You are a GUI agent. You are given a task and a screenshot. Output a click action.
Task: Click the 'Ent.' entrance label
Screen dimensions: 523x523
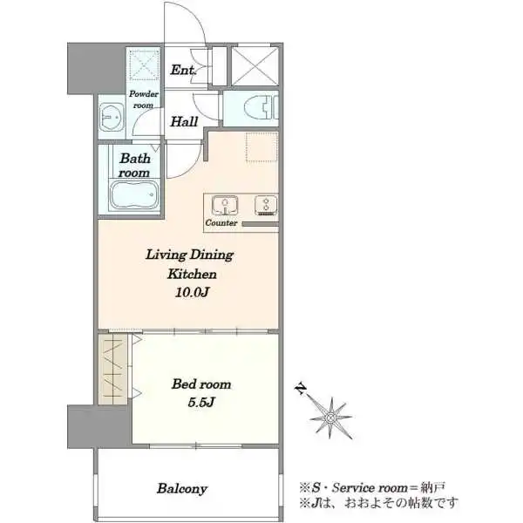pyautogui.click(x=183, y=70)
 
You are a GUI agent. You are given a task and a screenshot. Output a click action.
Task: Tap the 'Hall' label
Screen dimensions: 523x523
pyautogui.click(x=184, y=121)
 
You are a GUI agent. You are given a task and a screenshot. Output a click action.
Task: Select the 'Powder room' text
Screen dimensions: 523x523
pyautogui.click(x=144, y=99)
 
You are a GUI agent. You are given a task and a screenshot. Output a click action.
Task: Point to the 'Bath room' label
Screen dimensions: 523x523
pyautogui.click(x=134, y=165)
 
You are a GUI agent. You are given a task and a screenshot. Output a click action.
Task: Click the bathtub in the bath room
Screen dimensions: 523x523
pyautogui.click(x=134, y=195)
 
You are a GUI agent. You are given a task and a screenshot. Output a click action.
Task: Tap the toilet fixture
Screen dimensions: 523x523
pyautogui.click(x=259, y=108)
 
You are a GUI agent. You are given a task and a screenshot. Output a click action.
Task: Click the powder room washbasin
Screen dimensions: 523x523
pyautogui.click(x=112, y=117)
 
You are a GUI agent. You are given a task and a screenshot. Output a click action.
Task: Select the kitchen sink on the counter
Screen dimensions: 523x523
pyautogui.click(x=225, y=205)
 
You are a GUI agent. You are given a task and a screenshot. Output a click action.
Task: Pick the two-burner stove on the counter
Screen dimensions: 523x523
pyautogui.click(x=266, y=205)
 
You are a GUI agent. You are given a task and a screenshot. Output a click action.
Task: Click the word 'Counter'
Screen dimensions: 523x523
pyautogui.click(x=221, y=222)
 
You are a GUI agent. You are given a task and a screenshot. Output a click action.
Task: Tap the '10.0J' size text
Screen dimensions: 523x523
pyautogui.click(x=192, y=293)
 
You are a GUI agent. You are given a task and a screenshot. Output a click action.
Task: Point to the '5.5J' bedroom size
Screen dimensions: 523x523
pyautogui.click(x=200, y=402)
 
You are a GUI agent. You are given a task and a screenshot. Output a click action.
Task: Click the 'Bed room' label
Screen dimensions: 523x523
pyautogui.click(x=201, y=384)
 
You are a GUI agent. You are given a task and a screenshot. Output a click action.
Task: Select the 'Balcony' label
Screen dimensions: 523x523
pyautogui.click(x=182, y=489)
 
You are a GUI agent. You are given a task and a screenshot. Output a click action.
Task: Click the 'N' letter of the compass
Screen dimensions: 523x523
pyautogui.click(x=302, y=389)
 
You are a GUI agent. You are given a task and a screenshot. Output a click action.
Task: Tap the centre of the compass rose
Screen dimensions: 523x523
pyautogui.click(x=330, y=418)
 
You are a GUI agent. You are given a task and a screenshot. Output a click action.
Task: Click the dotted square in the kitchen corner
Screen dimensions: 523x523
pyautogui.click(x=261, y=147)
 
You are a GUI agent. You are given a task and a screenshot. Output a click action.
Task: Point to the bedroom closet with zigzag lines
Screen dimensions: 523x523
pyautogui.click(x=113, y=369)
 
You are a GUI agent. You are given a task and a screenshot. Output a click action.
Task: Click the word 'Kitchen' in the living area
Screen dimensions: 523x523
pyautogui.click(x=192, y=274)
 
